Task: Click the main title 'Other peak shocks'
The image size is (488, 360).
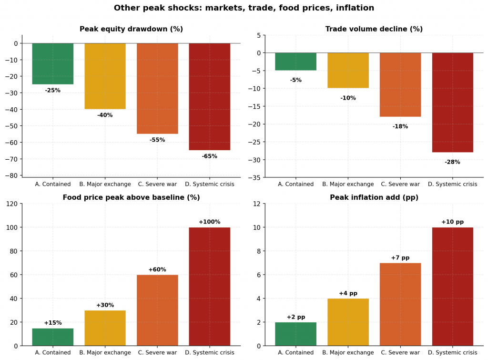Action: click(x=244, y=8)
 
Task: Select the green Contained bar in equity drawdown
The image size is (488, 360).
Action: click(x=53, y=63)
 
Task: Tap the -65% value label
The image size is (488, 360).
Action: click(x=209, y=156)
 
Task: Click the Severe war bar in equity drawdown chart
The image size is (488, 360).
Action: click(x=157, y=88)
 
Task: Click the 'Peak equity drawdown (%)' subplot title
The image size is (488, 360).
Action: click(x=131, y=29)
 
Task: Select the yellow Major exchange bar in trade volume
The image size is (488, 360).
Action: click(x=348, y=70)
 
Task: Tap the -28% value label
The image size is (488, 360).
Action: click(x=452, y=162)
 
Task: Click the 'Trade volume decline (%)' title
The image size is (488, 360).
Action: click(x=374, y=29)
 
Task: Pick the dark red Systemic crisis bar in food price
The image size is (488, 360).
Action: click(x=209, y=286)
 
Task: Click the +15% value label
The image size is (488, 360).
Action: click(x=53, y=323)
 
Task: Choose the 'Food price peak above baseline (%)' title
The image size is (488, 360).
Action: click(x=131, y=197)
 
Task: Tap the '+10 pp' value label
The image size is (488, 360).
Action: click(x=452, y=222)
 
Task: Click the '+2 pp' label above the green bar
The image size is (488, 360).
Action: click(x=296, y=317)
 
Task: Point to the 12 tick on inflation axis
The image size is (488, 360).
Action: click(x=256, y=204)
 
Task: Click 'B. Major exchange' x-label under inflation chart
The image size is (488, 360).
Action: click(x=348, y=353)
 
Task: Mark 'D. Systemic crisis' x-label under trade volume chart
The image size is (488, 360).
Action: click(x=452, y=185)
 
